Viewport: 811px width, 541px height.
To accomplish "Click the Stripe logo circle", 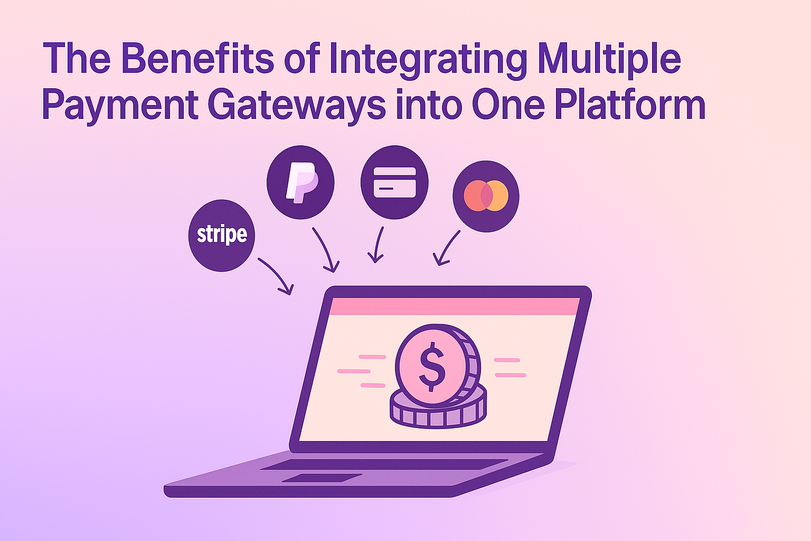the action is pyautogui.click(x=222, y=236).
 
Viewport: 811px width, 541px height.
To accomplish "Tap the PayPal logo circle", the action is pyautogui.click(x=300, y=182).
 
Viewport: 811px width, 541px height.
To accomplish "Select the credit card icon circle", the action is pyautogui.click(x=394, y=182).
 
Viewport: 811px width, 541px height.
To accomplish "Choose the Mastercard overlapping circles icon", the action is pyautogui.click(x=486, y=196).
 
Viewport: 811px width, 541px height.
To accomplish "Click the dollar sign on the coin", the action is pyautogui.click(x=432, y=367).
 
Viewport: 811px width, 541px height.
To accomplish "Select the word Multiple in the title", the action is pyautogui.click(x=609, y=60).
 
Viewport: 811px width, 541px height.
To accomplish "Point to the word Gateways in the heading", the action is pyautogui.click(x=297, y=106).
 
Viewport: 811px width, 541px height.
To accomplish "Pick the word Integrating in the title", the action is pyautogui.click(x=428, y=60).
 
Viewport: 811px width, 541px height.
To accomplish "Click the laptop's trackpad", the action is pyautogui.click(x=322, y=478).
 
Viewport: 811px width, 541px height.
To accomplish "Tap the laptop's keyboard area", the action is pyautogui.click(x=384, y=464).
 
